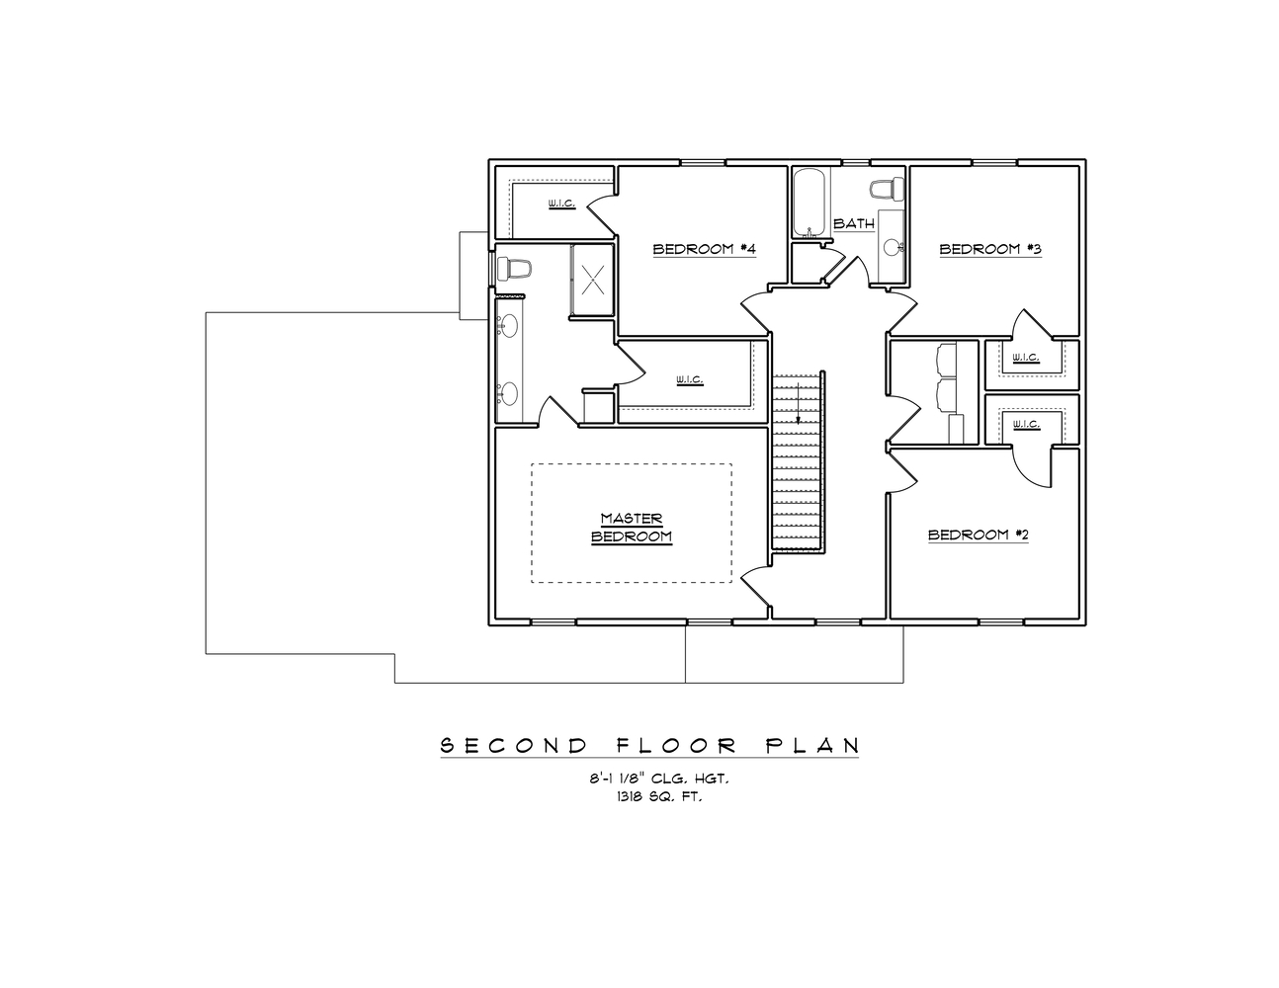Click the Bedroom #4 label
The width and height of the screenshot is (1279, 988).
point(704,249)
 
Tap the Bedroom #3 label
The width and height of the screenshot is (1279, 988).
point(990,249)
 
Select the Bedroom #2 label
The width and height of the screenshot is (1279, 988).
point(979,535)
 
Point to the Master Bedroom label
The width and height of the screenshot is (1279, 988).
point(631,528)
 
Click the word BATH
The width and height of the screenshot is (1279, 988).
point(853,224)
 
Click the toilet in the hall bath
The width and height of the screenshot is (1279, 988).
point(888,187)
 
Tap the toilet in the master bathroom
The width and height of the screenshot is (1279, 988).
point(514,268)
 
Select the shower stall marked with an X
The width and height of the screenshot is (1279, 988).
point(592,281)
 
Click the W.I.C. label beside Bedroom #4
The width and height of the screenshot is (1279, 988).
point(561,205)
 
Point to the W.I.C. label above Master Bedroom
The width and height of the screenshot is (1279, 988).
point(689,379)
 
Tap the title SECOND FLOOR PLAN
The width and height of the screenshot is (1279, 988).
point(648,745)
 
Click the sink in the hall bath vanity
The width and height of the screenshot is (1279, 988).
point(894,247)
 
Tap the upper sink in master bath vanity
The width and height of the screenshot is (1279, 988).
point(507,325)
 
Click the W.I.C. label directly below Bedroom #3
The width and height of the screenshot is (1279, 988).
point(1026,358)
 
